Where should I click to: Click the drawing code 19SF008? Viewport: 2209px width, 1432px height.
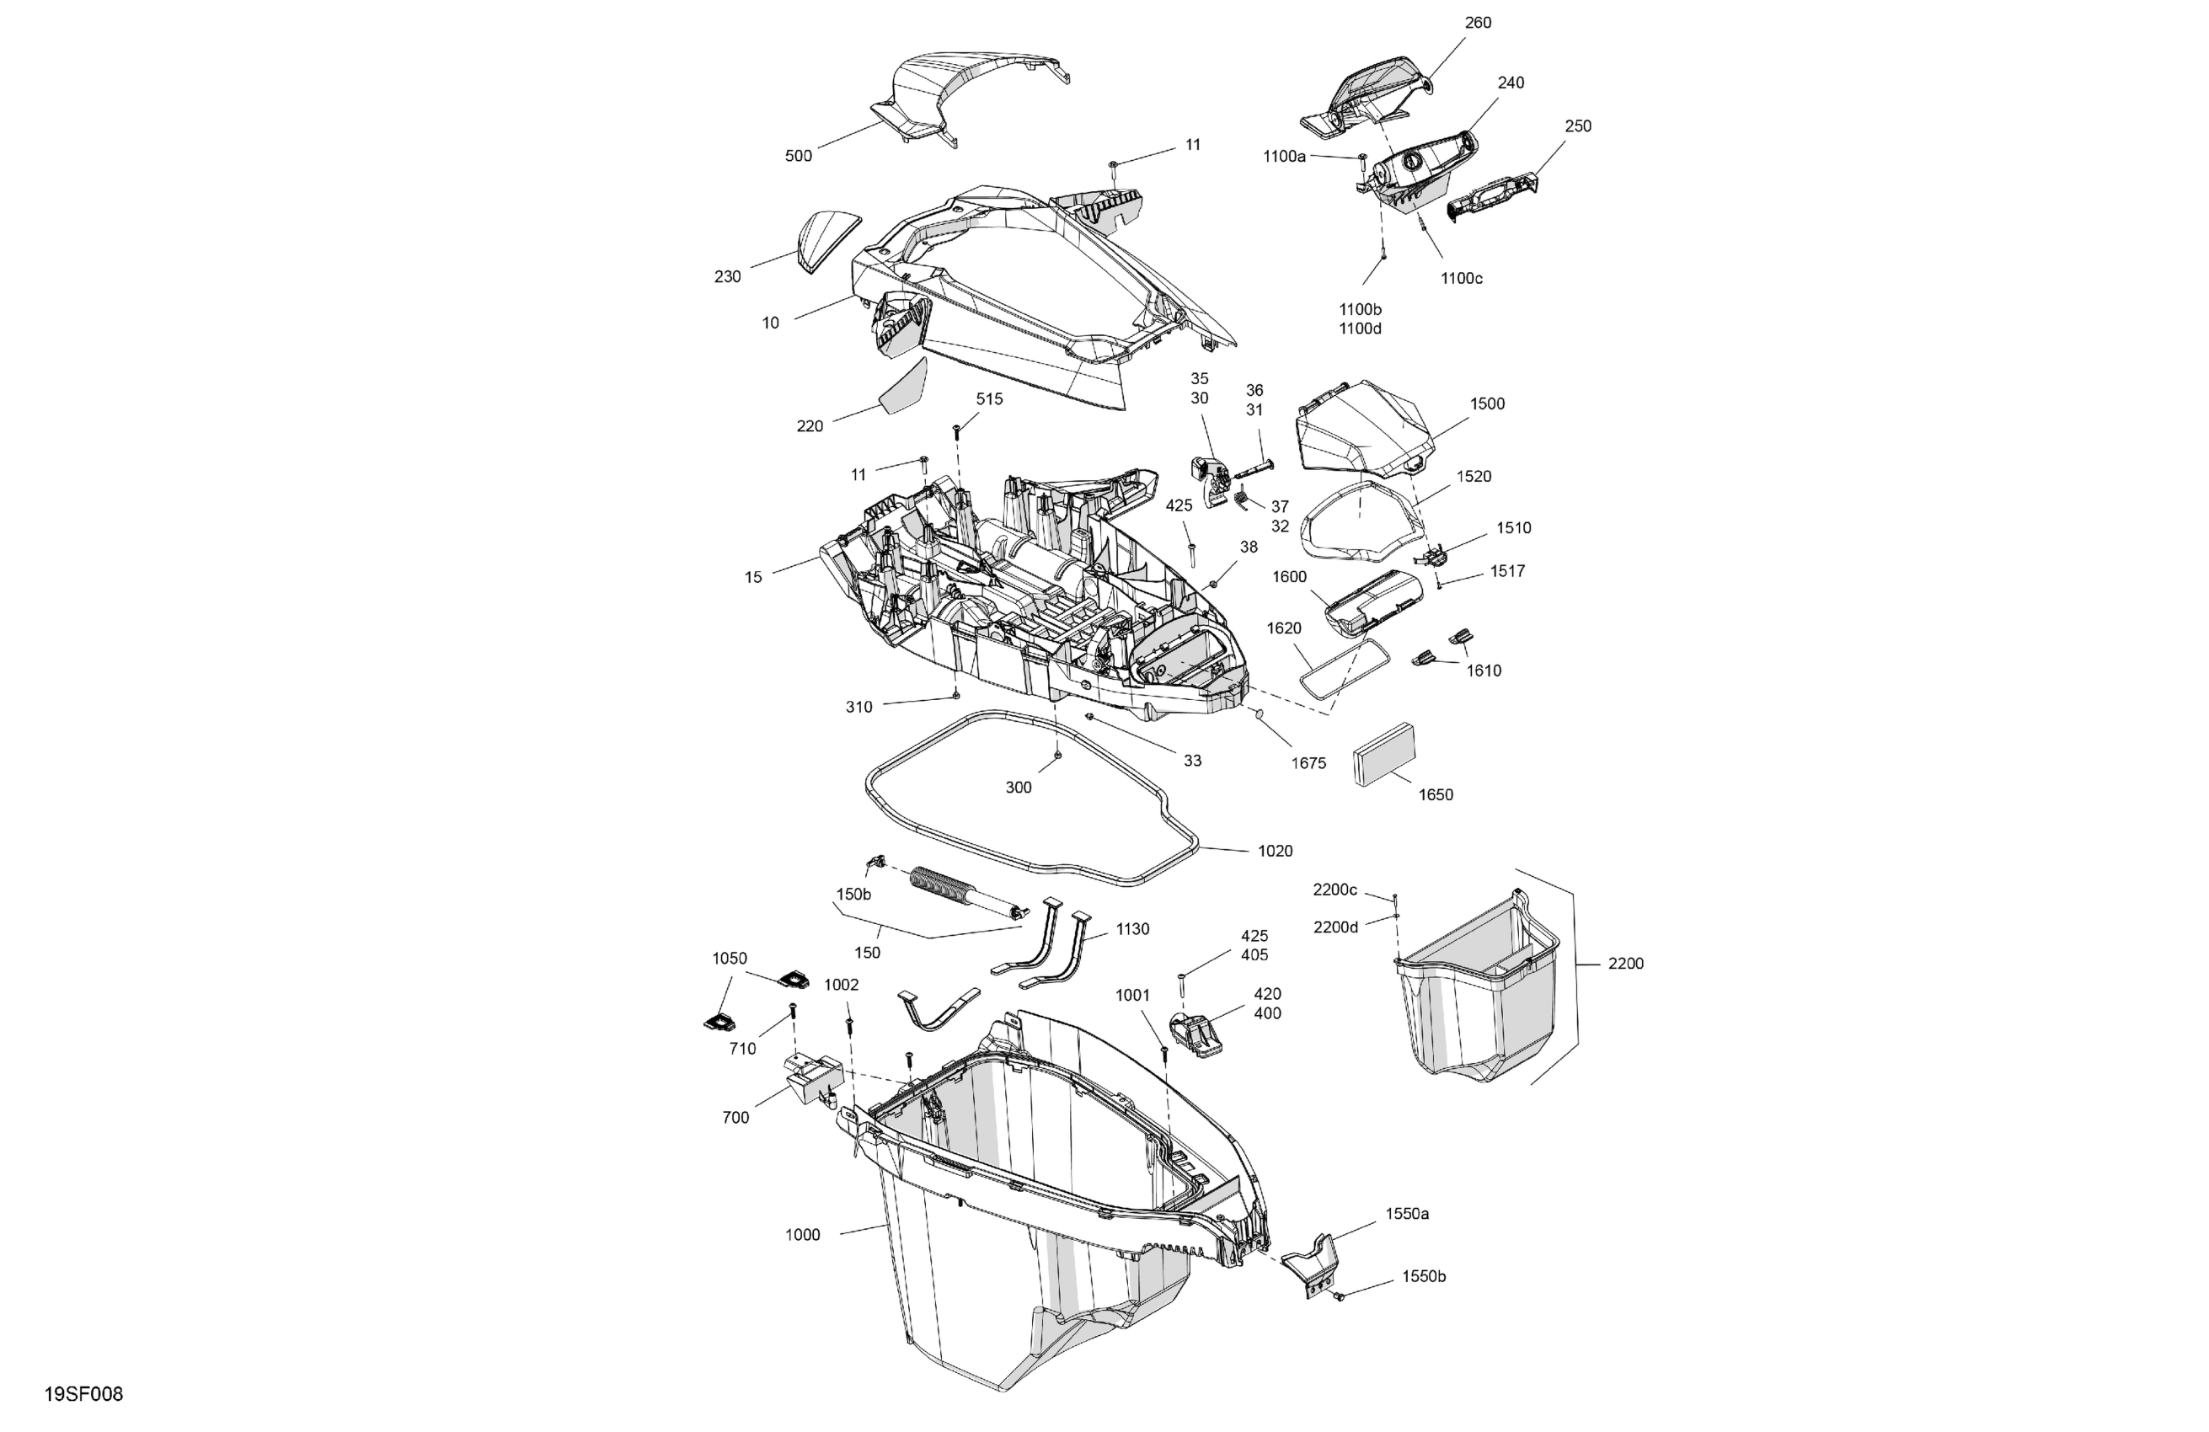(x=83, y=1394)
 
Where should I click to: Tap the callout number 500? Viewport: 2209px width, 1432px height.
(x=798, y=156)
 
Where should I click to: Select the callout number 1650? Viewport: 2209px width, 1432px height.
(x=1435, y=794)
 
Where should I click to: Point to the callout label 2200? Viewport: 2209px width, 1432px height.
(x=1625, y=964)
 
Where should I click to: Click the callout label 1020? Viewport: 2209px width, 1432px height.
(x=1275, y=851)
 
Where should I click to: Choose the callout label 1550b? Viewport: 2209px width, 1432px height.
(x=1423, y=1276)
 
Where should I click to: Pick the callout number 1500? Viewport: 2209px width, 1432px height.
(x=1487, y=403)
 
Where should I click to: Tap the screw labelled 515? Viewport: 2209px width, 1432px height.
(x=955, y=430)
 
